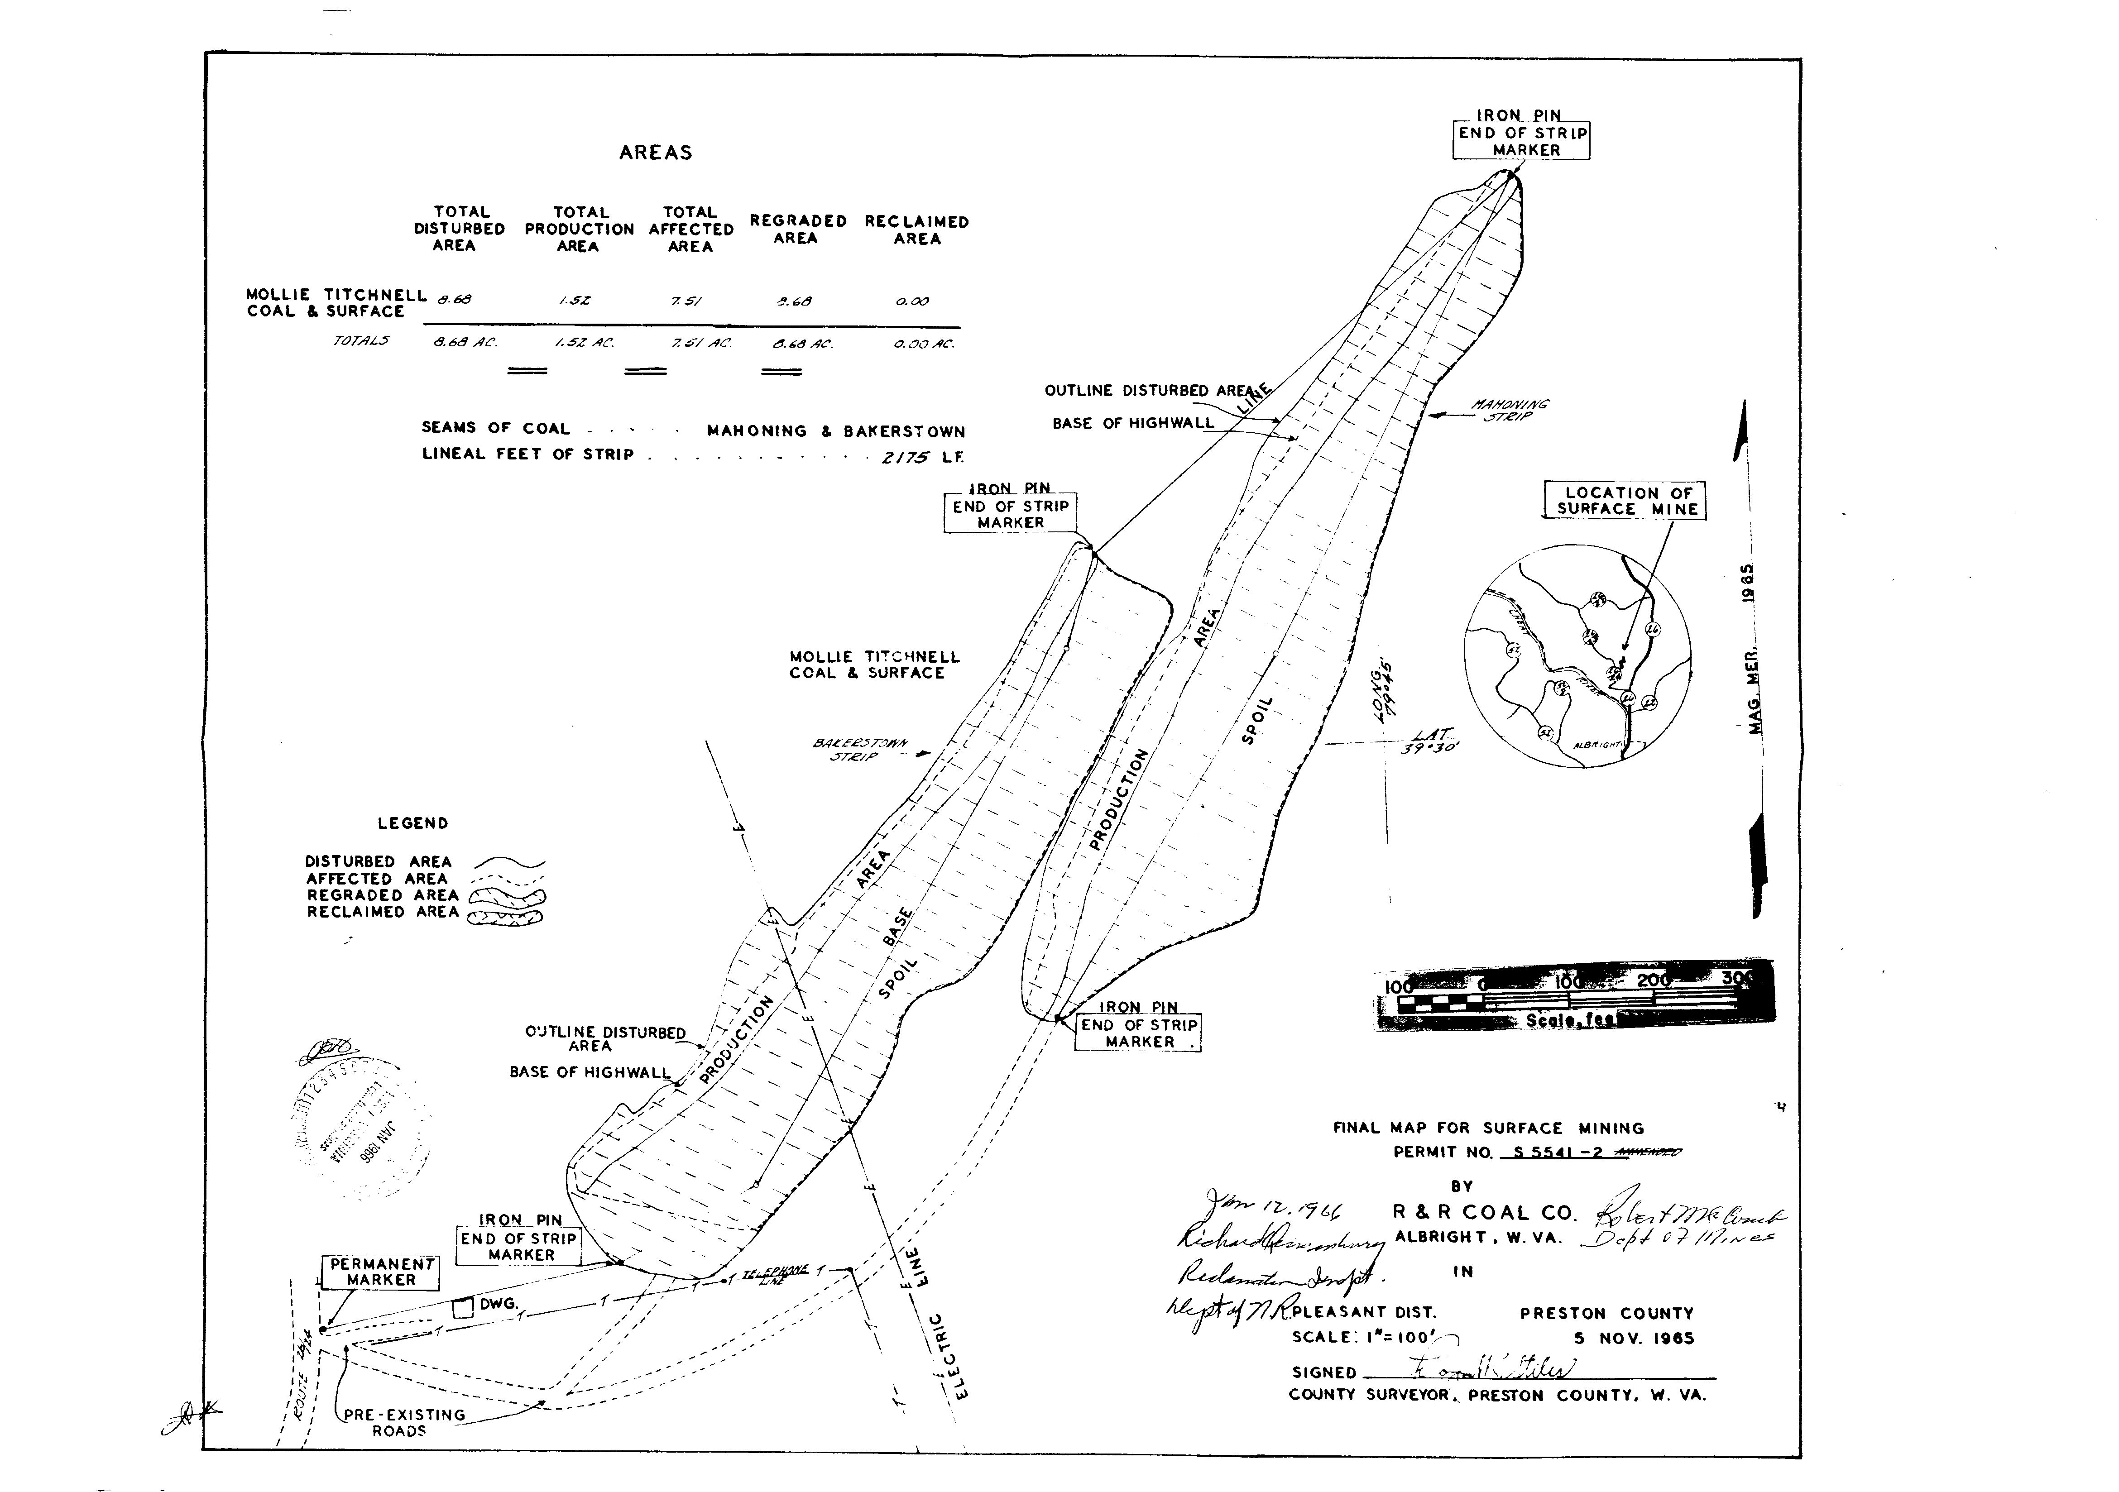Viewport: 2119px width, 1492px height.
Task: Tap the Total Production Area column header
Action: coord(580,229)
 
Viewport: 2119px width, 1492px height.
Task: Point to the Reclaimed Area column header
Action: coord(916,230)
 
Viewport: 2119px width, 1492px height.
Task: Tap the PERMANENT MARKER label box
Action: coord(381,1272)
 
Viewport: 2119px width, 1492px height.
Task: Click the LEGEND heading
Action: coord(412,823)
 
